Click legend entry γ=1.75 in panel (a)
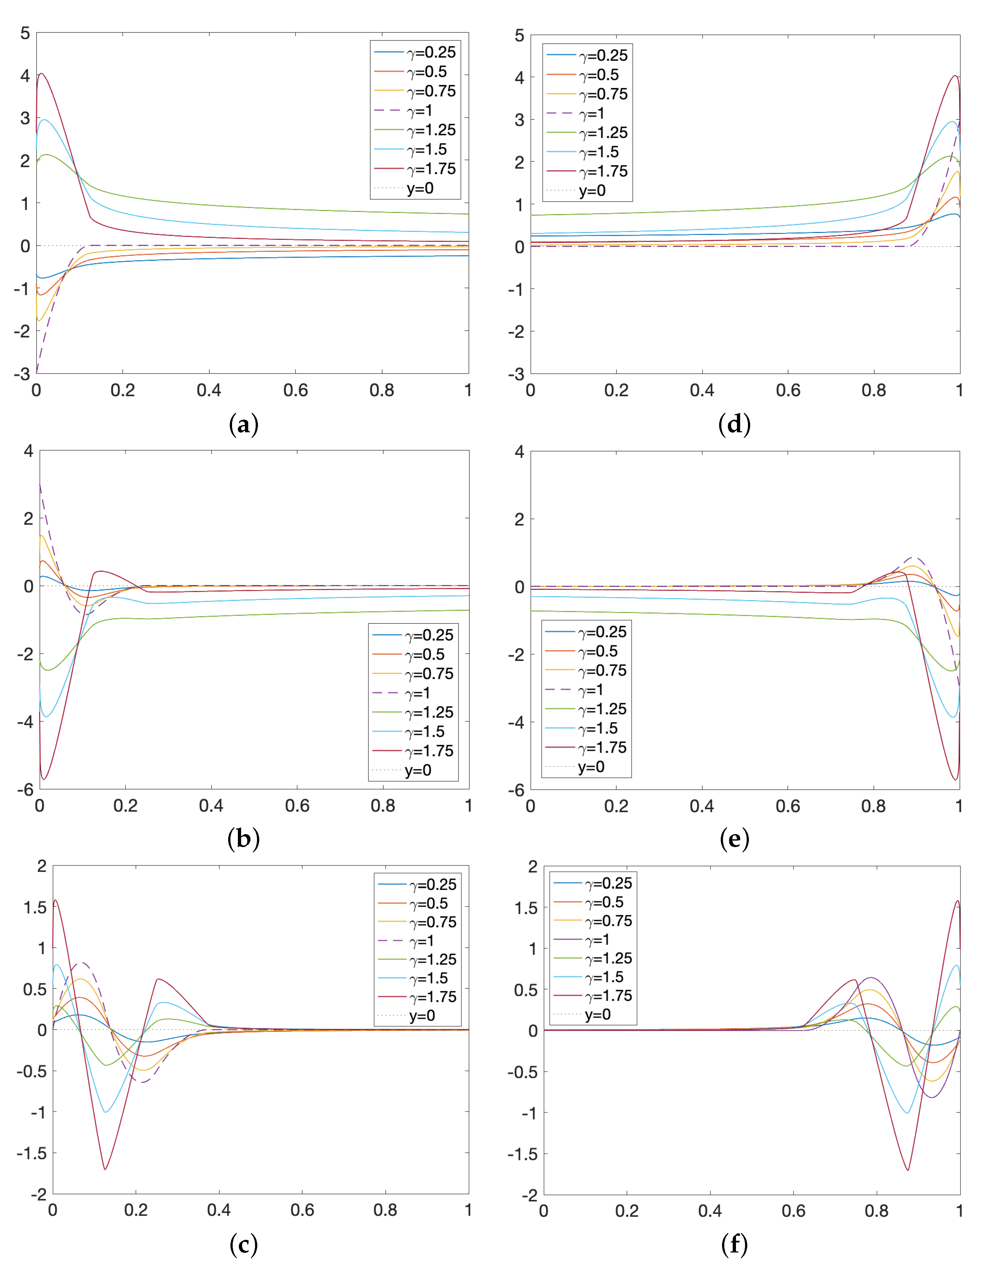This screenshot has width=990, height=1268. point(431,169)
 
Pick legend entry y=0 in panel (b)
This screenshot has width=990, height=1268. point(417,770)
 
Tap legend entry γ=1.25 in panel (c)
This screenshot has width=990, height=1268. point(433,959)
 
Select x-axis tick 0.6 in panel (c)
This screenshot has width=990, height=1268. point(302,1210)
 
